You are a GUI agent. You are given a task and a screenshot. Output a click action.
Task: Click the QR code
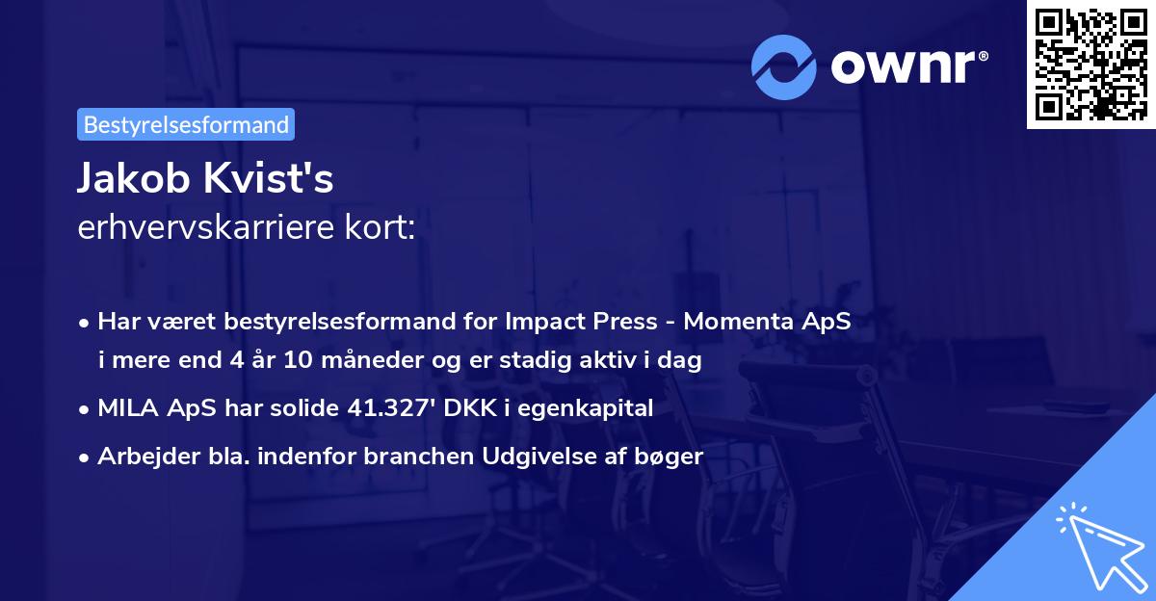coord(1090,65)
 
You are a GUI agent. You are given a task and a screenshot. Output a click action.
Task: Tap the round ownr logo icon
coord(784,66)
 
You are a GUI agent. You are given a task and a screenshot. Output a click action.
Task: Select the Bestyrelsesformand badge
coord(186,124)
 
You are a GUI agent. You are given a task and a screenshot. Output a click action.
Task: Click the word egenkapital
coord(592,408)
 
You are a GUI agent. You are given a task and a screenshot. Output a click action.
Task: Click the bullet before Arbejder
coord(86,457)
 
